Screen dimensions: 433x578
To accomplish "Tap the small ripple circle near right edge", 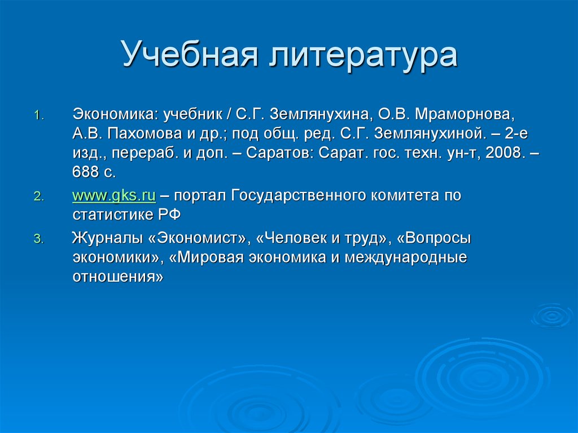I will coord(551,316).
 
